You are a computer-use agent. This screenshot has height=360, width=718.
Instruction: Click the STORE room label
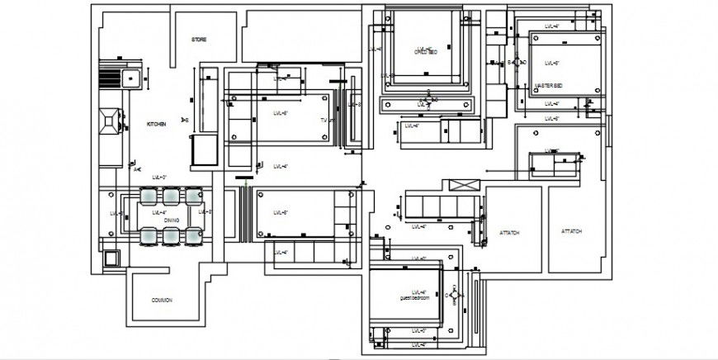(199, 40)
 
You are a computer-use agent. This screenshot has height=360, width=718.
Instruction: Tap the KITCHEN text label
(157, 124)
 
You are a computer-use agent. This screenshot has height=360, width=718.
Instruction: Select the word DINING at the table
(171, 220)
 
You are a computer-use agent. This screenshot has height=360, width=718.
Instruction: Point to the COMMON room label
(163, 300)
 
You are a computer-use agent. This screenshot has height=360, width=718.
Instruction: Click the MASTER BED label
(548, 86)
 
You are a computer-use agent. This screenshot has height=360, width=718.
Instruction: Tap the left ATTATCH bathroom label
(510, 233)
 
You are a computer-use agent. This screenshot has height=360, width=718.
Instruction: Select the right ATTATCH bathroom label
(572, 232)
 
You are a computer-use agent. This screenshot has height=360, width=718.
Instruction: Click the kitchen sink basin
(130, 78)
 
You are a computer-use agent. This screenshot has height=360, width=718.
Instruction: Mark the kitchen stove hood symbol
(108, 121)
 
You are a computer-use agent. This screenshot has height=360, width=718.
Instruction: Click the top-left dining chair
(149, 196)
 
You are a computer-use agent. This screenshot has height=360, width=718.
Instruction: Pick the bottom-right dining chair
(193, 237)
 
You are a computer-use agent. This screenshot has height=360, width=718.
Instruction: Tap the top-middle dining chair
(171, 196)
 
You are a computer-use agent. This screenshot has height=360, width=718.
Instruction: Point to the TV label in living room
(324, 121)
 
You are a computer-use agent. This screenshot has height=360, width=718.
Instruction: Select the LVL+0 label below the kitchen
(159, 178)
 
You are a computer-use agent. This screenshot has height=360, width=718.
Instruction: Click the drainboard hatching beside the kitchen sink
(109, 78)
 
